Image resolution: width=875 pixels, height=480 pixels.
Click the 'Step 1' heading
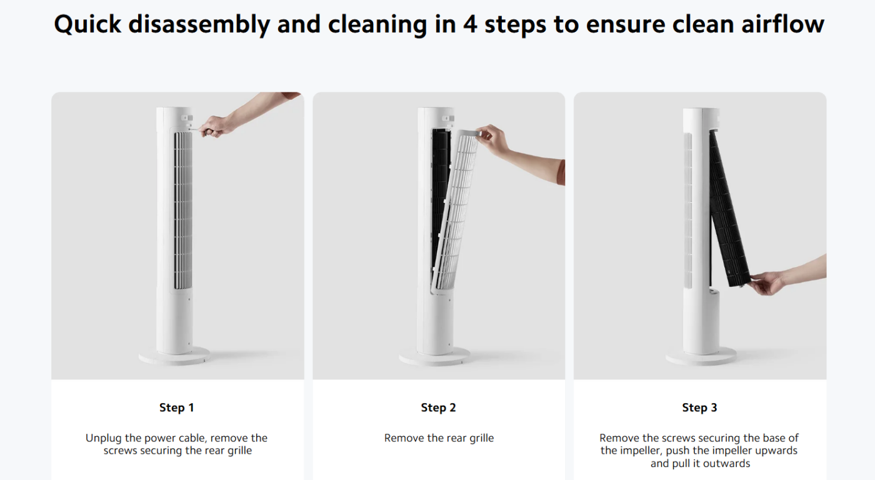176,407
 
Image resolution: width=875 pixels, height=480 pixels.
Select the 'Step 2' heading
438,407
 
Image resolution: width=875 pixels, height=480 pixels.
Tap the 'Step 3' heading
699,407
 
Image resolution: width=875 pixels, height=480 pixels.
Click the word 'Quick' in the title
88,24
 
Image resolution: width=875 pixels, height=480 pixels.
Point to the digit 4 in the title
470,24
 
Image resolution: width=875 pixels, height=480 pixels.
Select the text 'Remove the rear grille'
439,438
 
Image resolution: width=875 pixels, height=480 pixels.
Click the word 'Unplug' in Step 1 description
104,438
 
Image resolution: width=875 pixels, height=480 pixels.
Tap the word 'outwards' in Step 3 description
726,464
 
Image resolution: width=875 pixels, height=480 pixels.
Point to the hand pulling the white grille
493,139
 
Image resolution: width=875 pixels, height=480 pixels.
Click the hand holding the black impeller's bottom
766,282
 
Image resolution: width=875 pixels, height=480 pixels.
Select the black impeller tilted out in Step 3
729,209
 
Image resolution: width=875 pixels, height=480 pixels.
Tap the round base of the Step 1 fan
174,356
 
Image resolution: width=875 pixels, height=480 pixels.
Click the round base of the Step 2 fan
434,357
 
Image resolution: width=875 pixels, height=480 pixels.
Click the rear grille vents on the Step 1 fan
182,211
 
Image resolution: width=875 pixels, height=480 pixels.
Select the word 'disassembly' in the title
199,24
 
